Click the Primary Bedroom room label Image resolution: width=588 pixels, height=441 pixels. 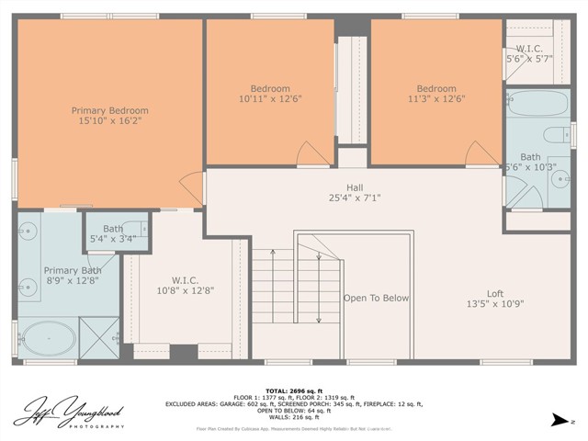click(x=109, y=111)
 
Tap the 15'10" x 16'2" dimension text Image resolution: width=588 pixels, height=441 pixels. click(x=109, y=122)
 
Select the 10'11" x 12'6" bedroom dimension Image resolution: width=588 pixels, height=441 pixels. click(x=269, y=99)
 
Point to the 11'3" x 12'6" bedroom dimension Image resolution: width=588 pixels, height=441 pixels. click(x=436, y=99)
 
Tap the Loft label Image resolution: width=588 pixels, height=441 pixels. click(x=494, y=293)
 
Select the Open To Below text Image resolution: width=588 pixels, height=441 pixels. click(x=376, y=299)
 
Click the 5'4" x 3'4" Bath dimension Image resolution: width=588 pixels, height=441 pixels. click(x=113, y=239)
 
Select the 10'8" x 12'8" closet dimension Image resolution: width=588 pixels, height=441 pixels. click(x=185, y=290)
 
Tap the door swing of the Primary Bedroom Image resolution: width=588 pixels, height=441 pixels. click(x=193, y=189)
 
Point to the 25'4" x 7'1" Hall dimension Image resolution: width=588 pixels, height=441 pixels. click(x=354, y=198)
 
